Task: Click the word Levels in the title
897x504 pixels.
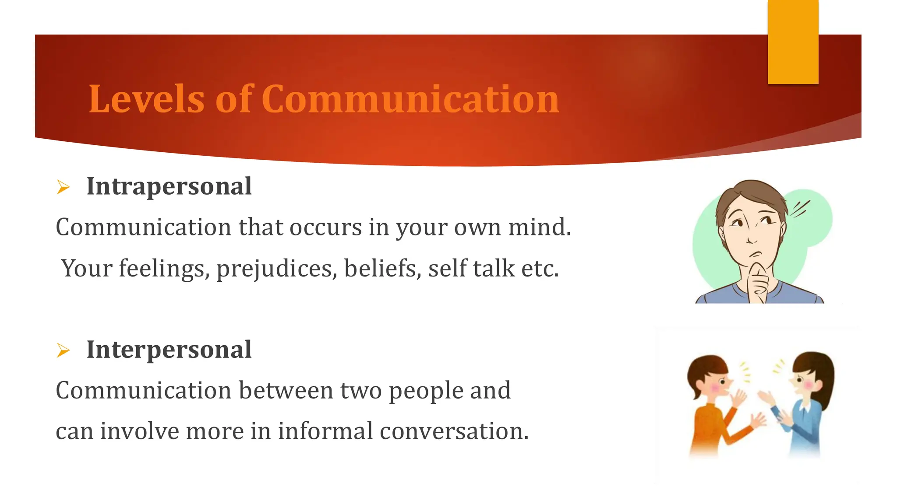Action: pos(146,99)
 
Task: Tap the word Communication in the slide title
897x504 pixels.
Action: pos(410,99)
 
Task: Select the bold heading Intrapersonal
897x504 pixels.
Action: pos(169,186)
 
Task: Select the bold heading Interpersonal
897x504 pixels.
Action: pos(169,350)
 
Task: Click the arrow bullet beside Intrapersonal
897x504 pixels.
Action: pos(64,187)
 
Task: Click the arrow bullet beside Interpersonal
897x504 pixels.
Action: pos(64,350)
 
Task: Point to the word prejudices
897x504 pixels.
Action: pos(276,269)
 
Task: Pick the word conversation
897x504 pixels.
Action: pos(454,431)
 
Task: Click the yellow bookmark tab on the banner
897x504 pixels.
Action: pos(793,42)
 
